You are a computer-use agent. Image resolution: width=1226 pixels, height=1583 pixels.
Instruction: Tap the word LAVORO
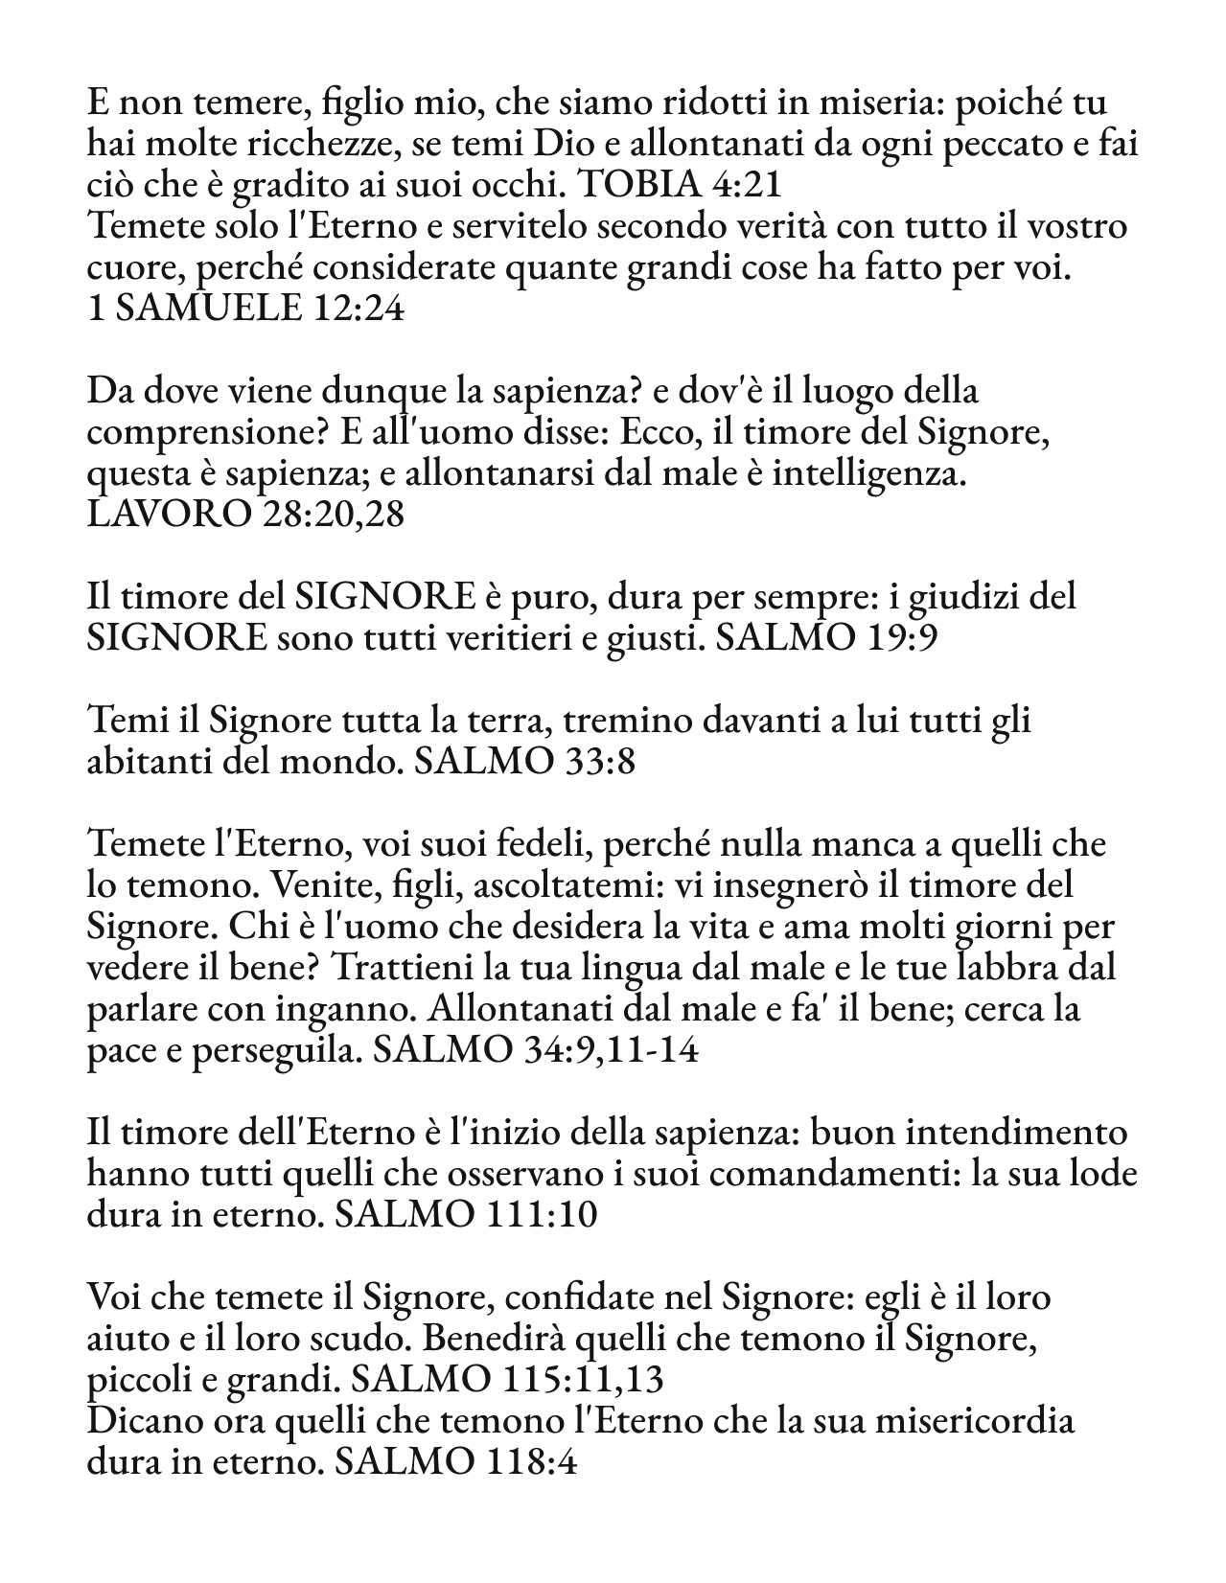click(168, 515)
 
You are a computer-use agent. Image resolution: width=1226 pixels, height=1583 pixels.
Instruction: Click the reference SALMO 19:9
click(825, 637)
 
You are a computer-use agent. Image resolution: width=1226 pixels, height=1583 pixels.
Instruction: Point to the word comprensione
click(197, 433)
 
